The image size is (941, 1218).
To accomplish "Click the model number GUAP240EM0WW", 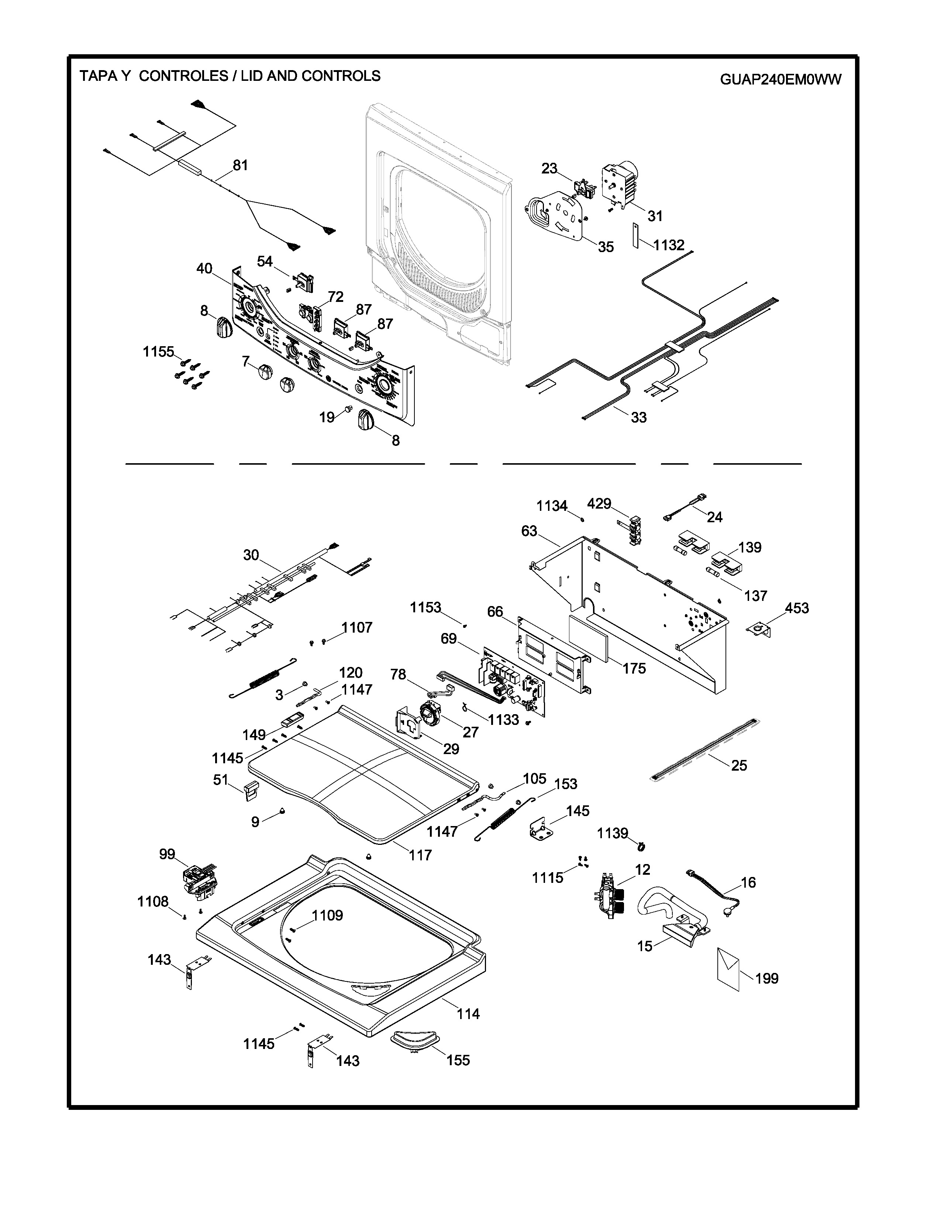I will coord(780,80).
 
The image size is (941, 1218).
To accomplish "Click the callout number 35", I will coord(606,247).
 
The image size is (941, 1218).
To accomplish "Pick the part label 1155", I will coord(158,352).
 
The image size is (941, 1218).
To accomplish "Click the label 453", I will coord(797,608).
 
